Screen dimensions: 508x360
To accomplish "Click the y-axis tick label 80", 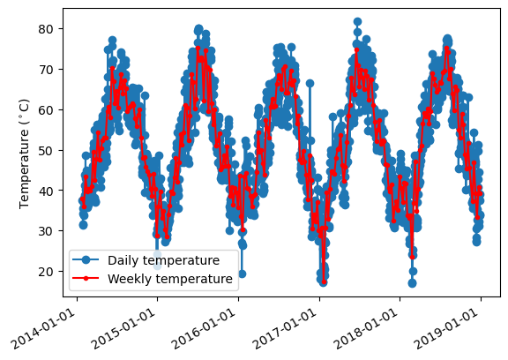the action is [x=45, y=29].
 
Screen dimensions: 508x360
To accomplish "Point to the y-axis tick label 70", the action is [x=45, y=70].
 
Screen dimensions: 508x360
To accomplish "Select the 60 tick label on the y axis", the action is [x=45, y=109].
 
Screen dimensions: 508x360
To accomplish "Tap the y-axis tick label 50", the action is [x=45, y=150].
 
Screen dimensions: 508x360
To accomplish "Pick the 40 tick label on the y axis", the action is [x=45, y=191].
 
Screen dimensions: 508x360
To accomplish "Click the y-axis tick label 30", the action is [x=45, y=230].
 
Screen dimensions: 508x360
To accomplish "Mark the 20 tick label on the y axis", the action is [x=45, y=271].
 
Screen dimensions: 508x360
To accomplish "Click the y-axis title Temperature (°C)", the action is [x=25, y=154].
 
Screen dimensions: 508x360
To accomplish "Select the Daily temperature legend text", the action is [x=164, y=260].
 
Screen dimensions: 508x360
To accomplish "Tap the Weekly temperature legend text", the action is [x=170, y=279].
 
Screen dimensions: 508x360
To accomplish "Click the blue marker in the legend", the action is [x=86, y=259].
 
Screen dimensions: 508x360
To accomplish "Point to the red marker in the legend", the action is [x=86, y=278].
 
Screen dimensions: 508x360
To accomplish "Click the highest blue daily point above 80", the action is [x=358, y=22].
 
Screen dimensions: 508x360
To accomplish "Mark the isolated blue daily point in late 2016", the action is [x=310, y=83].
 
